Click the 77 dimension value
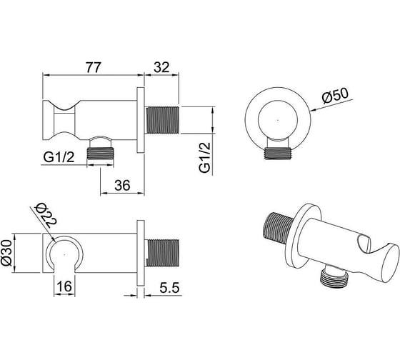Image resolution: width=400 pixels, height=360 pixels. coord(94,67)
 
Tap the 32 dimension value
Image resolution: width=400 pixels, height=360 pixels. coord(161,67)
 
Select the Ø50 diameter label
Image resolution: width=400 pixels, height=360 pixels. coord(335,96)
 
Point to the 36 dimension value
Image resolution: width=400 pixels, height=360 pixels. coord(122,185)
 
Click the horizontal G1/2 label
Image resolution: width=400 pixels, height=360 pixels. coord(59,157)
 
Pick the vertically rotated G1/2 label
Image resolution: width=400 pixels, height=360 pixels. coord(205,157)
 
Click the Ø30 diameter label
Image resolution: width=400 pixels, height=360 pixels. coord(7,252)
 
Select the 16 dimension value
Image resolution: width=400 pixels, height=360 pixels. coord(64,286)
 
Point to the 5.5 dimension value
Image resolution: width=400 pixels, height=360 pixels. coord(170,288)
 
